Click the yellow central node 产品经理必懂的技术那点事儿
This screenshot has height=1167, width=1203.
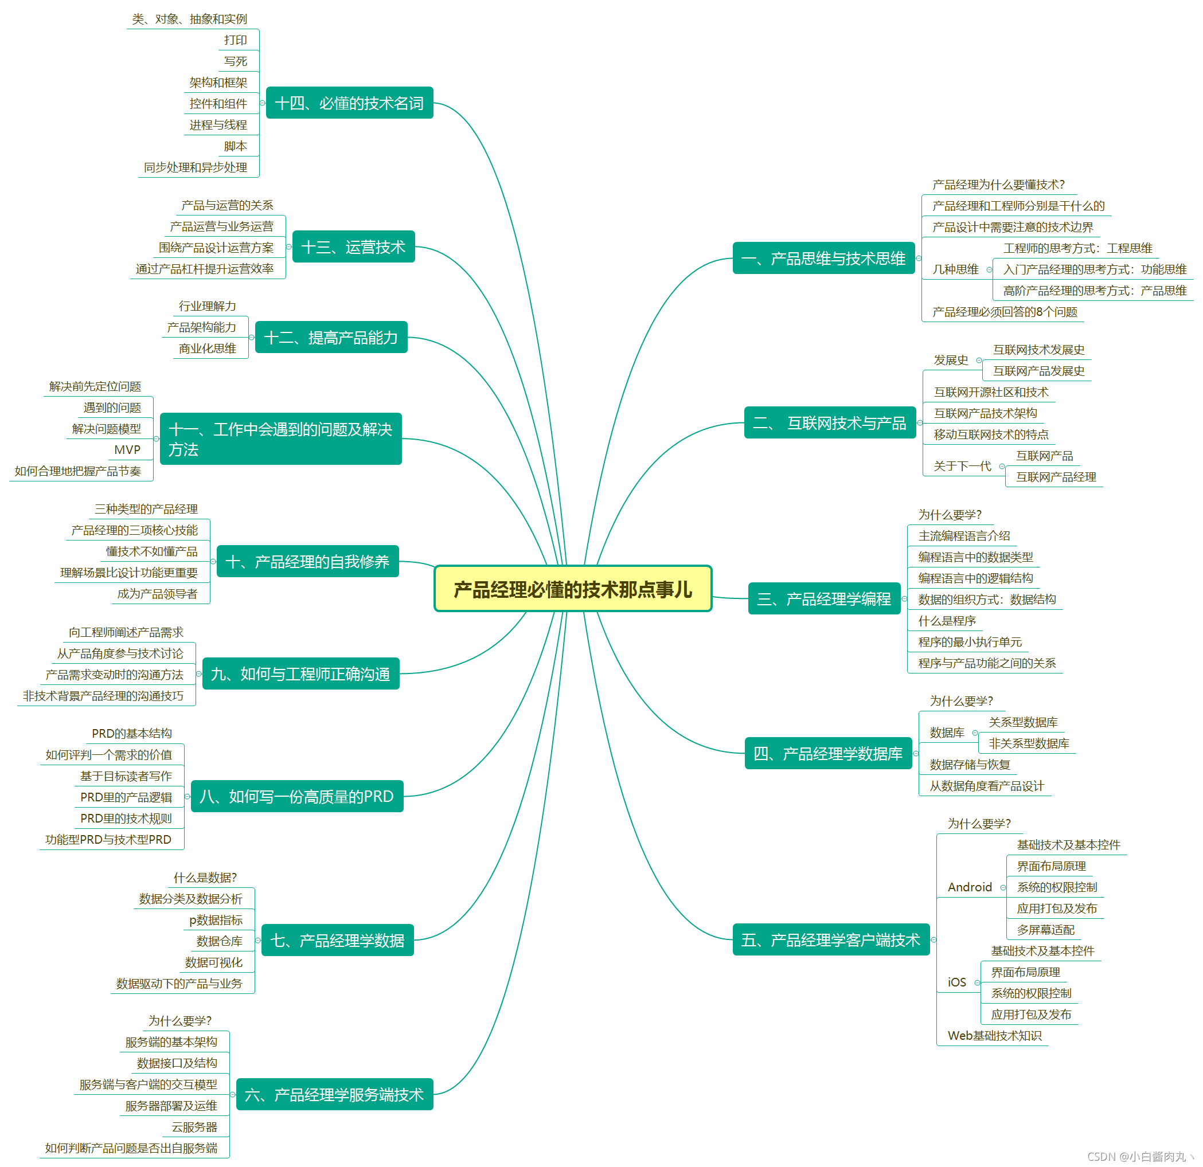click(573, 589)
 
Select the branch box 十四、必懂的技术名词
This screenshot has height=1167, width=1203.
click(349, 103)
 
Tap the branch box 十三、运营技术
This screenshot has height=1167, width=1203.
click(354, 246)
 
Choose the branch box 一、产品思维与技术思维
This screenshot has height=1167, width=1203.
click(823, 259)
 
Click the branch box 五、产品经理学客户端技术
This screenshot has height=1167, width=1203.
click(830, 939)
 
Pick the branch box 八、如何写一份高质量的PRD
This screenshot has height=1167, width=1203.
click(297, 796)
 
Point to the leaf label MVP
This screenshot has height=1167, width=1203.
click(127, 450)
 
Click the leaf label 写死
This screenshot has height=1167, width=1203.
click(236, 61)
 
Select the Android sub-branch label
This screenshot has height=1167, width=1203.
click(969, 887)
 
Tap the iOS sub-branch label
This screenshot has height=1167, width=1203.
click(956, 982)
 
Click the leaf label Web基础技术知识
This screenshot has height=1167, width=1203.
click(994, 1035)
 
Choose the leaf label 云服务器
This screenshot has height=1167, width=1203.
click(194, 1126)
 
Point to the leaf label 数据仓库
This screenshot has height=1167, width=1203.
click(219, 941)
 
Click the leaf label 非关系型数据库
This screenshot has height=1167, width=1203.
click(1029, 743)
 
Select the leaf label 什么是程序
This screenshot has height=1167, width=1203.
click(947, 620)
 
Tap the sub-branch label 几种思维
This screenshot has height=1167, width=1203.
click(955, 269)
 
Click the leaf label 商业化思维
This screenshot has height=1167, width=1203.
click(208, 348)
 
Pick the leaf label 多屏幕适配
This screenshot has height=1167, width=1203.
click(1045, 930)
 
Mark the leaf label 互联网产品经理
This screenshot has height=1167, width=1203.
click(1056, 477)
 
